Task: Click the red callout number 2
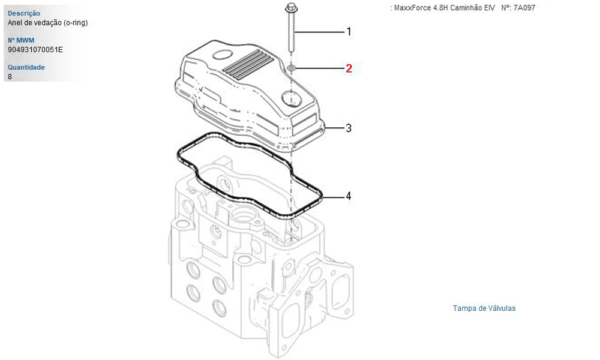[x=349, y=68]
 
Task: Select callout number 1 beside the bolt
[x=349, y=31]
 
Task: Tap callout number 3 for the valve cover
[x=348, y=128]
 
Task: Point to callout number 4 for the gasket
[x=348, y=196]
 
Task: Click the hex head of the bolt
[x=291, y=7]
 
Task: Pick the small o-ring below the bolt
[x=291, y=68]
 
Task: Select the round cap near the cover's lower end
[x=291, y=99]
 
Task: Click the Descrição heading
[x=24, y=13]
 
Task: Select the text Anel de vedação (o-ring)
[x=48, y=23]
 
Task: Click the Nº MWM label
[x=21, y=40]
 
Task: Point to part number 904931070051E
[x=35, y=50]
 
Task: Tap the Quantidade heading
[x=26, y=67]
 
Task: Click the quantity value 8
[x=10, y=77]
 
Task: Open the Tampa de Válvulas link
[x=484, y=308]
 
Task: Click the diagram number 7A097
[x=524, y=8]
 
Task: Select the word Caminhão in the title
[x=464, y=8]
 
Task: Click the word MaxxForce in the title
[x=413, y=8]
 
